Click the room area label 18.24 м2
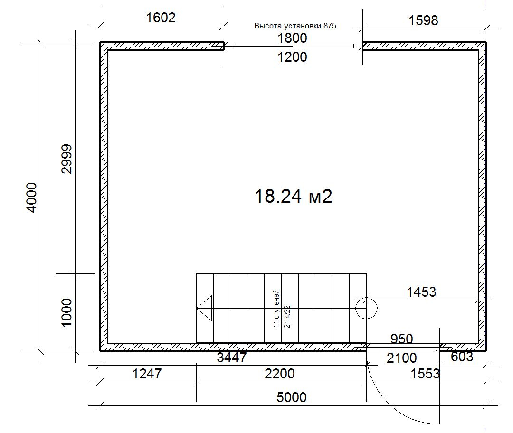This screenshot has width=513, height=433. click(293, 196)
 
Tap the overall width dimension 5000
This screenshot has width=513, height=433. click(292, 397)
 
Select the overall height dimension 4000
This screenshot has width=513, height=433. click(32, 198)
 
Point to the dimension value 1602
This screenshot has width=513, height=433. click(161, 18)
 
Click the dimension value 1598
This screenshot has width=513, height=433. click(423, 20)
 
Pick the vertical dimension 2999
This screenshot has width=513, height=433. click(66, 159)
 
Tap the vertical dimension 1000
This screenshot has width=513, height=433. click(66, 312)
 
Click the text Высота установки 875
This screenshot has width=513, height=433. click(295, 26)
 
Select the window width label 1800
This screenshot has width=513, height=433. click(292, 38)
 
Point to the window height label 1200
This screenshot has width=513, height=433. click(292, 57)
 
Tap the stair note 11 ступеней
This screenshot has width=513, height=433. click(276, 309)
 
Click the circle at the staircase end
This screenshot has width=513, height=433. click(366, 308)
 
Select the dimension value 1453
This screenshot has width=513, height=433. click(421, 292)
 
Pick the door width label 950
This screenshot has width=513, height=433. click(402, 339)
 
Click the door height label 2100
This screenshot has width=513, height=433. click(402, 358)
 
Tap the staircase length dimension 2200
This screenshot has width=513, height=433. click(280, 374)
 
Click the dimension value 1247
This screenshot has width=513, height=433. click(147, 374)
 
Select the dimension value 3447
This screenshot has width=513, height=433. click(232, 358)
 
